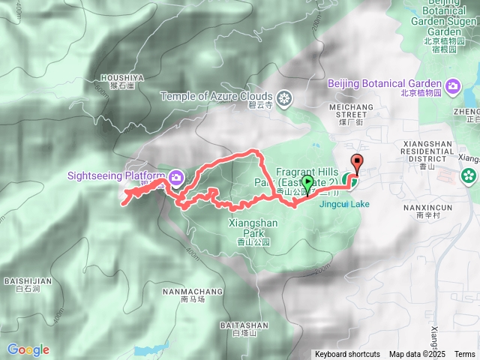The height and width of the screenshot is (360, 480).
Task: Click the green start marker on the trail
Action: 307,182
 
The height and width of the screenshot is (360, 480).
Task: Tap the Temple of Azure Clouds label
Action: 217,97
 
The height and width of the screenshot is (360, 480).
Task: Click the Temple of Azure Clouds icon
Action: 284,97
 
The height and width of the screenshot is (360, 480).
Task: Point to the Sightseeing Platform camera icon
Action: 175,177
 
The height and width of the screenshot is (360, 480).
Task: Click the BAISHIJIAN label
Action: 28,281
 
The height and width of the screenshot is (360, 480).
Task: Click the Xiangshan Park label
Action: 252,223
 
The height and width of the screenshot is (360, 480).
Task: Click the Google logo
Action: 28,349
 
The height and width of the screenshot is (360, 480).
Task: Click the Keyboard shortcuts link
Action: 347,354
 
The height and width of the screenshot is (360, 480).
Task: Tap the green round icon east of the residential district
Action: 469,175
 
